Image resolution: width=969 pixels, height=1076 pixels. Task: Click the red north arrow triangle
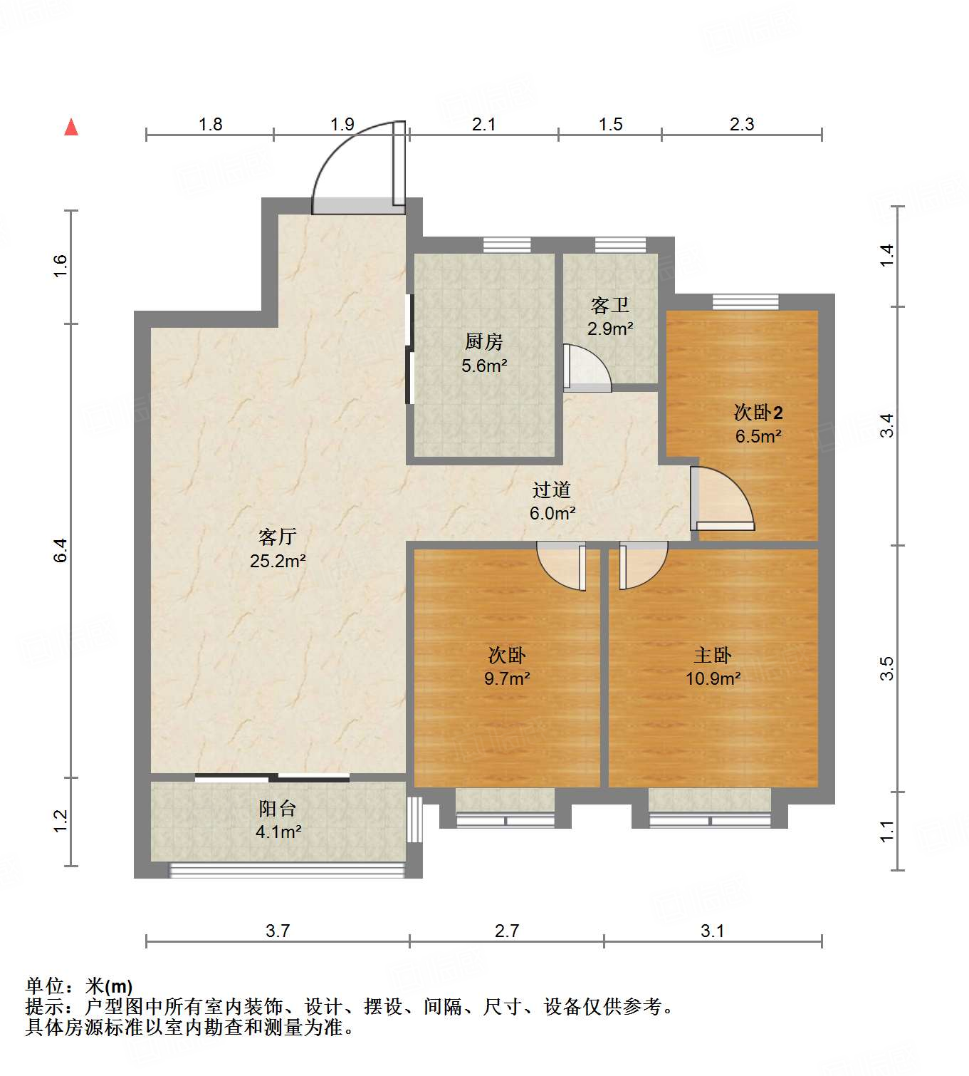coord(71,128)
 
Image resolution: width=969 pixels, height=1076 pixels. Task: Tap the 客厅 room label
coord(277,537)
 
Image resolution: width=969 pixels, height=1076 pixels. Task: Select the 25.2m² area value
coord(277,561)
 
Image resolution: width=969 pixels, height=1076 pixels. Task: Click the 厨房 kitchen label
coord(484,342)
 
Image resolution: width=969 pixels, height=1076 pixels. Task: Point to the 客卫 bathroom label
coord(610,306)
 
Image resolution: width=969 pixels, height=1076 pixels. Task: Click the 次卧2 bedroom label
coord(758,413)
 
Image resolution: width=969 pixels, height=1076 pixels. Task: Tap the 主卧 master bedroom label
coord(713,655)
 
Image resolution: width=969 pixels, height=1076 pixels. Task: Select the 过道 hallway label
coord(552,490)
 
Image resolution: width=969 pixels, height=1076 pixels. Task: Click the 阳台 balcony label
coord(278,809)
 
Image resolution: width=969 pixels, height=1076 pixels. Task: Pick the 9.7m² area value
coord(507,678)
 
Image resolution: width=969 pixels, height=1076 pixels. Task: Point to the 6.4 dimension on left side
coord(61,550)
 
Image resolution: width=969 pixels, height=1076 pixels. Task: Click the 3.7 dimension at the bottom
coord(278,931)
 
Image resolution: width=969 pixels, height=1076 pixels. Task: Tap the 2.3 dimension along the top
coord(741,125)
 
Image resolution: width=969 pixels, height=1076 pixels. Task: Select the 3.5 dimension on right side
coord(886,668)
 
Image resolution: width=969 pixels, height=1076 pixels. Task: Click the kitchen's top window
coord(507,245)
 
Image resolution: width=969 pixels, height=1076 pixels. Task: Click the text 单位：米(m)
coord(79,986)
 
